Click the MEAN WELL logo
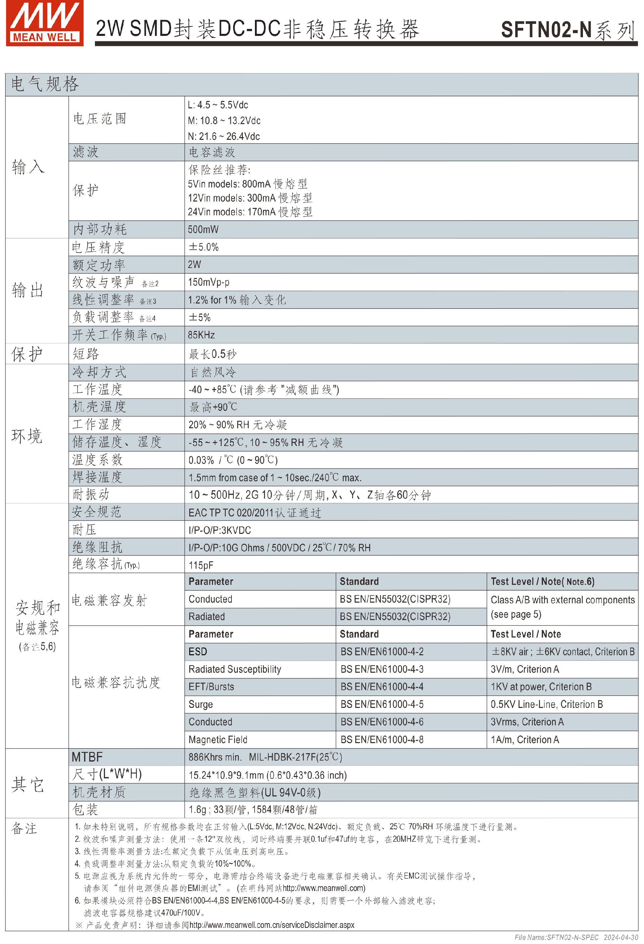(45, 23)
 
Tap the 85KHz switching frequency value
(201, 335)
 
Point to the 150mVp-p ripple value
(208, 282)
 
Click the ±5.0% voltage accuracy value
(204, 247)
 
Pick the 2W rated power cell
(194, 265)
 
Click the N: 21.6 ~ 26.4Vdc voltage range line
(223, 136)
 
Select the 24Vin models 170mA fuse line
(250, 212)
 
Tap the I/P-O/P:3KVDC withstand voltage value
(220, 530)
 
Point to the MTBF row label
(87, 757)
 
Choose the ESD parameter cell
(198, 652)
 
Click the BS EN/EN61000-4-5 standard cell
(382, 704)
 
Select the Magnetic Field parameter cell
(218, 740)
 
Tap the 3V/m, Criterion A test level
(525, 669)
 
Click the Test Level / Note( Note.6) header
(542, 582)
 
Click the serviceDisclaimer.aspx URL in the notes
(271, 925)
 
